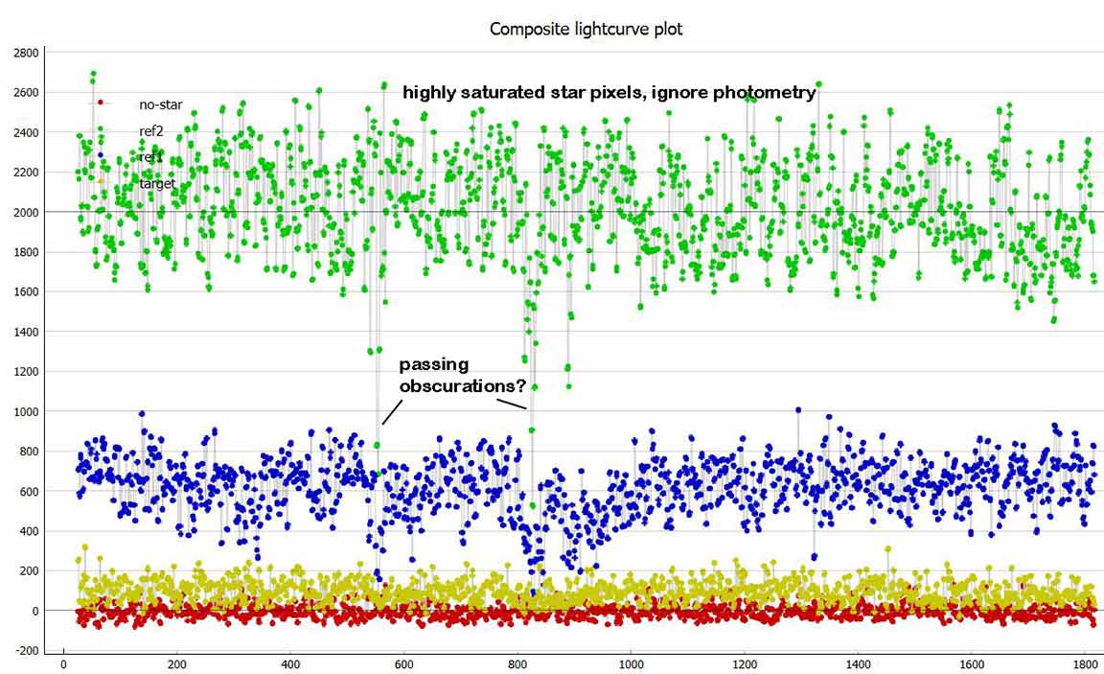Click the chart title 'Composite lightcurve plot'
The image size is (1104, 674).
pyautogui.click(x=586, y=29)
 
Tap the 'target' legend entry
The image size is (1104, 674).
pyautogui.click(x=157, y=182)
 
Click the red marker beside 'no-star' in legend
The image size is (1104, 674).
pyautogui.click(x=100, y=103)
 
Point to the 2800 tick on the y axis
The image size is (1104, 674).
pyautogui.click(x=27, y=52)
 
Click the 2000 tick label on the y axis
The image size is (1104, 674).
pyautogui.click(x=27, y=212)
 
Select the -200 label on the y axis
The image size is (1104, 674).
pyautogui.click(x=29, y=651)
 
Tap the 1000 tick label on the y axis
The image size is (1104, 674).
pyautogui.click(x=27, y=411)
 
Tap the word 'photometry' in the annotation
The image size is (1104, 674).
pyautogui.click(x=764, y=93)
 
